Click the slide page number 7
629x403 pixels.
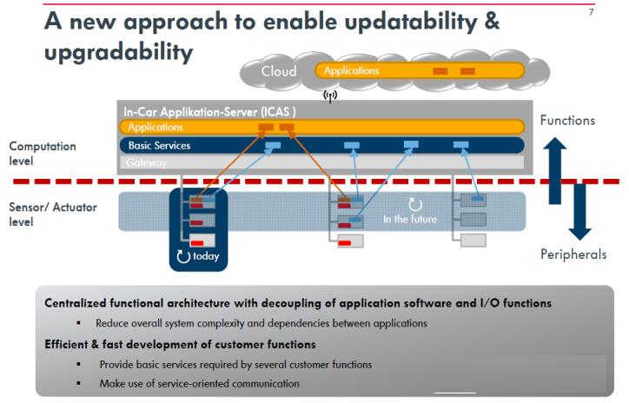point(592,12)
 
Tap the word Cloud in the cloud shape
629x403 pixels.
point(279,71)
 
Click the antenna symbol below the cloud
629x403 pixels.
point(330,96)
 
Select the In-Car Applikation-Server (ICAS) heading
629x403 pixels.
point(209,112)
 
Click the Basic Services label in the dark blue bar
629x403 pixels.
point(159,146)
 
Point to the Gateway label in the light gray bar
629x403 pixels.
point(146,162)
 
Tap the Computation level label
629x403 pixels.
point(43,154)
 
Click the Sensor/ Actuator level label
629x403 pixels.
point(53,215)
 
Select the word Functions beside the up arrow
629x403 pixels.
point(567,121)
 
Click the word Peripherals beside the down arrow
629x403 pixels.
point(573,254)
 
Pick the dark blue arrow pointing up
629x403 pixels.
point(555,170)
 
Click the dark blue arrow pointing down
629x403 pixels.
point(579,212)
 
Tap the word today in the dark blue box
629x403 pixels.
point(206,256)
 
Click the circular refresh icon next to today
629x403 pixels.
point(183,256)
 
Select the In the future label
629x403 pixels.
point(409,220)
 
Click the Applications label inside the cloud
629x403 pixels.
point(351,70)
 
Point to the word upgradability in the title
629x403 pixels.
point(119,53)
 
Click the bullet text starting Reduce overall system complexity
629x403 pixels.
point(262,323)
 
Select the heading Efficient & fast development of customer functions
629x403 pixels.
point(180,345)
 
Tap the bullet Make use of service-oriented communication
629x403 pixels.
point(199,384)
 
